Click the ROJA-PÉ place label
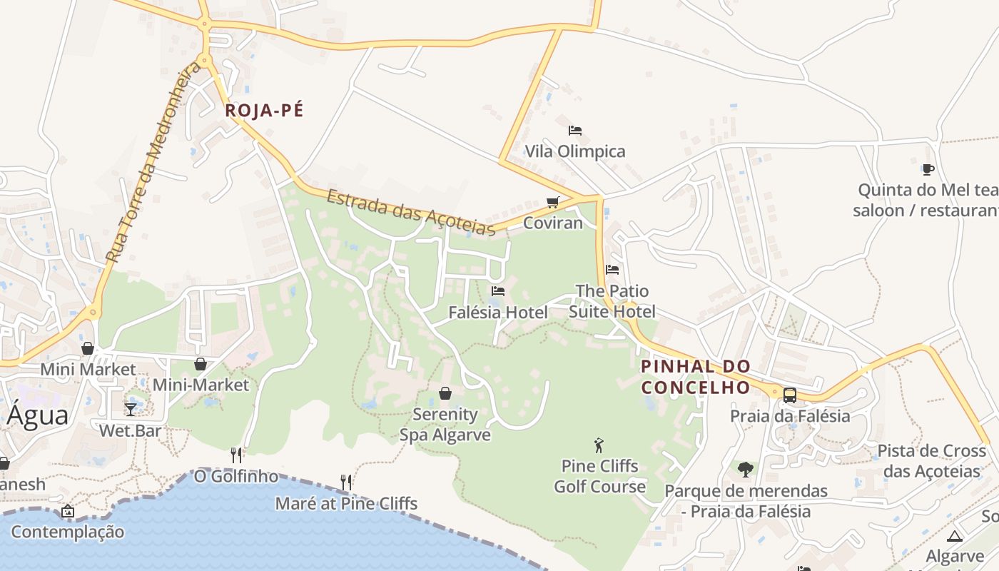[x=264, y=111]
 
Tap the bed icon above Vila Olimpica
[x=575, y=131]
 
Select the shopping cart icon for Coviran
[x=552, y=203]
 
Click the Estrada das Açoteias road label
[x=411, y=212]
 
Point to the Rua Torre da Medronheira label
[x=152, y=163]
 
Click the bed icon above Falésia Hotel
[x=498, y=291]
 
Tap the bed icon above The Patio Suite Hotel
[x=612, y=270]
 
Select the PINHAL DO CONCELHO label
[x=696, y=377]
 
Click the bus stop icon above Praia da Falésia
[x=790, y=395]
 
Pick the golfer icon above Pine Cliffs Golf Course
[x=599, y=445]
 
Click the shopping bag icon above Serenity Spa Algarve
[x=445, y=393]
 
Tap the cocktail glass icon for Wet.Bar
[x=131, y=409]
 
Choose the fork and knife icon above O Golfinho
[x=236, y=455]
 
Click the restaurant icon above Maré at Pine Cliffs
[x=346, y=482]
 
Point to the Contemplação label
[x=67, y=532]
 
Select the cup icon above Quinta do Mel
[x=928, y=169]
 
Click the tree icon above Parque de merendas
[x=746, y=470]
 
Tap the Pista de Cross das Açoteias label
[x=931, y=461]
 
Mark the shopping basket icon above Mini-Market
[x=201, y=364]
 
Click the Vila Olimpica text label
[x=575, y=151]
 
